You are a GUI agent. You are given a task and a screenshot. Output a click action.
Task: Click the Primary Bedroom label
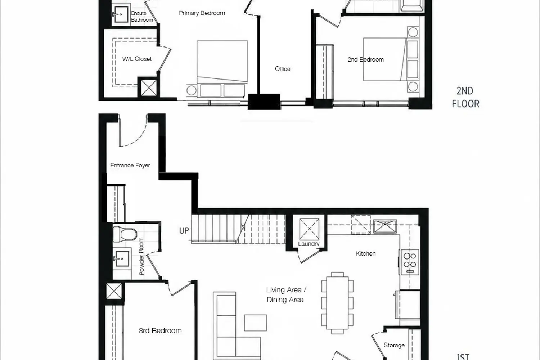click(x=202, y=13)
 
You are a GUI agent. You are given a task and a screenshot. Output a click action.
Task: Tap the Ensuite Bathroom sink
click(x=121, y=14)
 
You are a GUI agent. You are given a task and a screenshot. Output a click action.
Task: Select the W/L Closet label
click(x=137, y=59)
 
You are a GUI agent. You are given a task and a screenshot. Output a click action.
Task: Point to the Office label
click(x=283, y=69)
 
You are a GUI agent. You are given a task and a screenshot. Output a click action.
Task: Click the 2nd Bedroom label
click(x=365, y=59)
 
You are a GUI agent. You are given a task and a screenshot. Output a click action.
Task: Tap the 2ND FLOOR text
click(x=465, y=98)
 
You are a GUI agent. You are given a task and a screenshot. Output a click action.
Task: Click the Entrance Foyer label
click(x=130, y=165)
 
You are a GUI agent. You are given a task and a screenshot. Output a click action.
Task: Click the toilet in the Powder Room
click(x=125, y=234)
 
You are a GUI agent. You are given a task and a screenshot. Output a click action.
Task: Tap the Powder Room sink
click(x=122, y=259)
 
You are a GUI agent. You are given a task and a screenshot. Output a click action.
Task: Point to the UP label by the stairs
click(x=184, y=231)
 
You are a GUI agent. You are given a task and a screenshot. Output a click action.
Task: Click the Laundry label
click(x=309, y=244)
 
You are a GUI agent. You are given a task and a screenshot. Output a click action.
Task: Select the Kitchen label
click(x=366, y=254)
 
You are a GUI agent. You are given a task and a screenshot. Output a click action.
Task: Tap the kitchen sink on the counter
click(x=385, y=226)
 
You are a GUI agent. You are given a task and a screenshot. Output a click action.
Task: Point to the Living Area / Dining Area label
click(x=286, y=294)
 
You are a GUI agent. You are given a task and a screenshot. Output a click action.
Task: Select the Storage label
click(x=394, y=345)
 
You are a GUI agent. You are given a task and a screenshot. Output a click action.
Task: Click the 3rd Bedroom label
click(x=160, y=331)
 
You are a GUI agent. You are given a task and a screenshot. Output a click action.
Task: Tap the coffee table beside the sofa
click(x=256, y=323)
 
